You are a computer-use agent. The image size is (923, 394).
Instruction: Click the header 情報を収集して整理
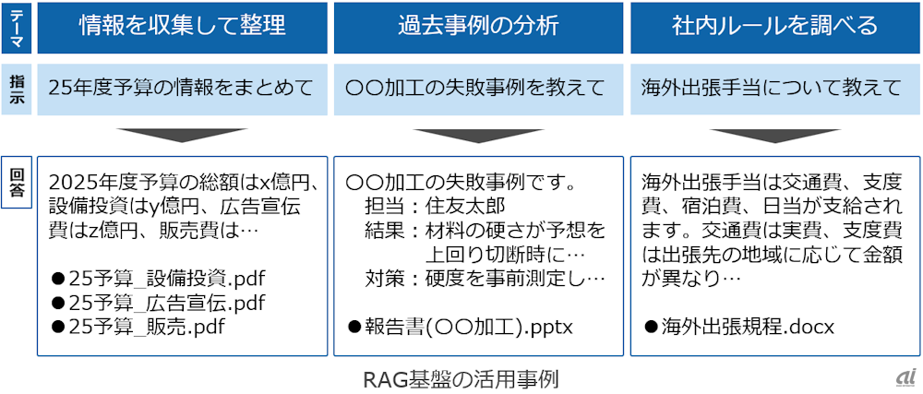coord(182,27)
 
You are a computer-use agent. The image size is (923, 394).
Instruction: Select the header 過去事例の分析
coord(478,27)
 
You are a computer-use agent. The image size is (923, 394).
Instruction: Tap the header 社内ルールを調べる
coord(774,27)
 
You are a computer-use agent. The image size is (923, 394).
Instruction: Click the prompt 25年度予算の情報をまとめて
coord(181,89)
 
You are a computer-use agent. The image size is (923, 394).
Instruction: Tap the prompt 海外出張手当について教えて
coord(773,89)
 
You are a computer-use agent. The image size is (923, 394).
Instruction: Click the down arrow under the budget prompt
coord(182,136)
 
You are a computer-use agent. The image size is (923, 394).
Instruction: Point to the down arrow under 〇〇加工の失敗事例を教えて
coord(478,136)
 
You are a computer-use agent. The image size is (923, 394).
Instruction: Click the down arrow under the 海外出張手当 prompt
coord(774,136)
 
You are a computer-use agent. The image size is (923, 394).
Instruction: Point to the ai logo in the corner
coord(904,377)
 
